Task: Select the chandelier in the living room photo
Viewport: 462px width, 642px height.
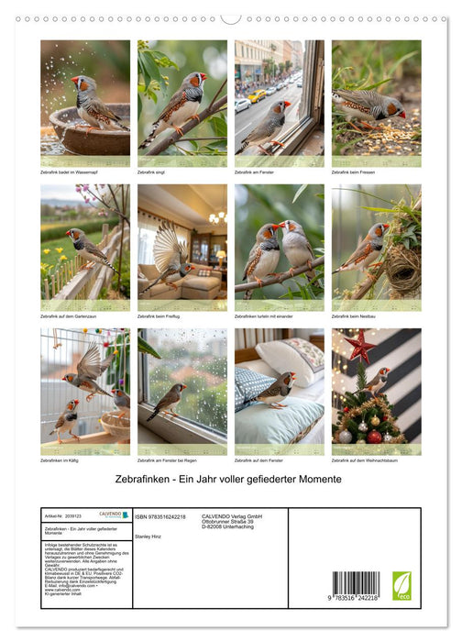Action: (217, 217)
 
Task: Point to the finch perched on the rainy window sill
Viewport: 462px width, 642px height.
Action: (168, 401)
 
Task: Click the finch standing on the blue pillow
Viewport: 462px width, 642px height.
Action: (275, 389)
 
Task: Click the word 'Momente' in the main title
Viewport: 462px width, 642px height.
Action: (317, 480)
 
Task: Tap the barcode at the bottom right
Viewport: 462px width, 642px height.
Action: (355, 585)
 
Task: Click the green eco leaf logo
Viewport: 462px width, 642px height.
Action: (401, 585)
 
